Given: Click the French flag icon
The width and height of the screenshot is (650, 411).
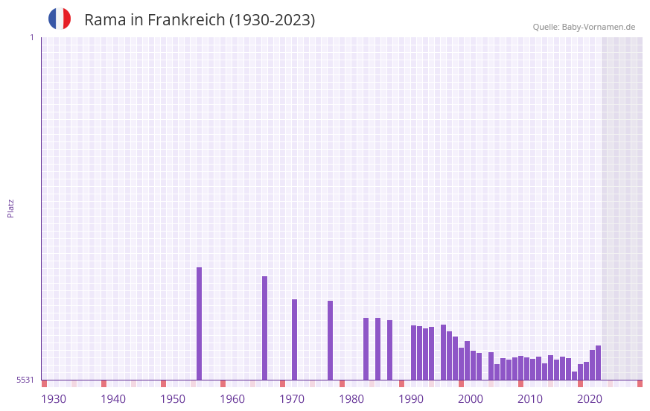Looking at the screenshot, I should [x=60, y=19].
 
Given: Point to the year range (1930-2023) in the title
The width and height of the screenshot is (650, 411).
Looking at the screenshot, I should [x=273, y=20].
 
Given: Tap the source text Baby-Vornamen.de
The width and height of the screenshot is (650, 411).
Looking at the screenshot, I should [x=599, y=27].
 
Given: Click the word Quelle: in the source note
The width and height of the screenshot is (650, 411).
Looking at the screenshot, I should [x=546, y=27].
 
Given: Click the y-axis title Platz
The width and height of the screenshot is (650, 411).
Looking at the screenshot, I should [x=10, y=208].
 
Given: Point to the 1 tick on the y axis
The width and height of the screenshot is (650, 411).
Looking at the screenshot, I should [x=31, y=37].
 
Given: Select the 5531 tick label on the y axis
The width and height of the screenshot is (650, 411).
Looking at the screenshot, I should [x=25, y=380].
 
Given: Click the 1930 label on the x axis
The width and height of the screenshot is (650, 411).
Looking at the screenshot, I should [x=54, y=399].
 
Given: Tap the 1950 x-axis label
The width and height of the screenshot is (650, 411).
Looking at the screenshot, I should [x=173, y=399].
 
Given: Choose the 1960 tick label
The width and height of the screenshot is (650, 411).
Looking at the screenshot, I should [x=232, y=399].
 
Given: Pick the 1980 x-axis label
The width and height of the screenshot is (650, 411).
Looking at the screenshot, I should [x=351, y=399].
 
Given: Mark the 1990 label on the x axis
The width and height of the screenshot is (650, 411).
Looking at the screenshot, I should [x=411, y=399].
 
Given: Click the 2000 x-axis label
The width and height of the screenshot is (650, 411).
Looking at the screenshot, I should [x=471, y=399].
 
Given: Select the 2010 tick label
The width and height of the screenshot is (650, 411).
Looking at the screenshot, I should [x=530, y=399].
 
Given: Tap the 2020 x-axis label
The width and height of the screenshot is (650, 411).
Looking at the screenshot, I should [x=590, y=399].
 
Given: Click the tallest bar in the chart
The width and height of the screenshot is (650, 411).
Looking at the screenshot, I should [x=200, y=323].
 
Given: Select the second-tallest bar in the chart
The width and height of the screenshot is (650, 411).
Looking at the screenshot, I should [x=265, y=328].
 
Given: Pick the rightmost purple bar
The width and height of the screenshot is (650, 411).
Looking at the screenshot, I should [x=598, y=363].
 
